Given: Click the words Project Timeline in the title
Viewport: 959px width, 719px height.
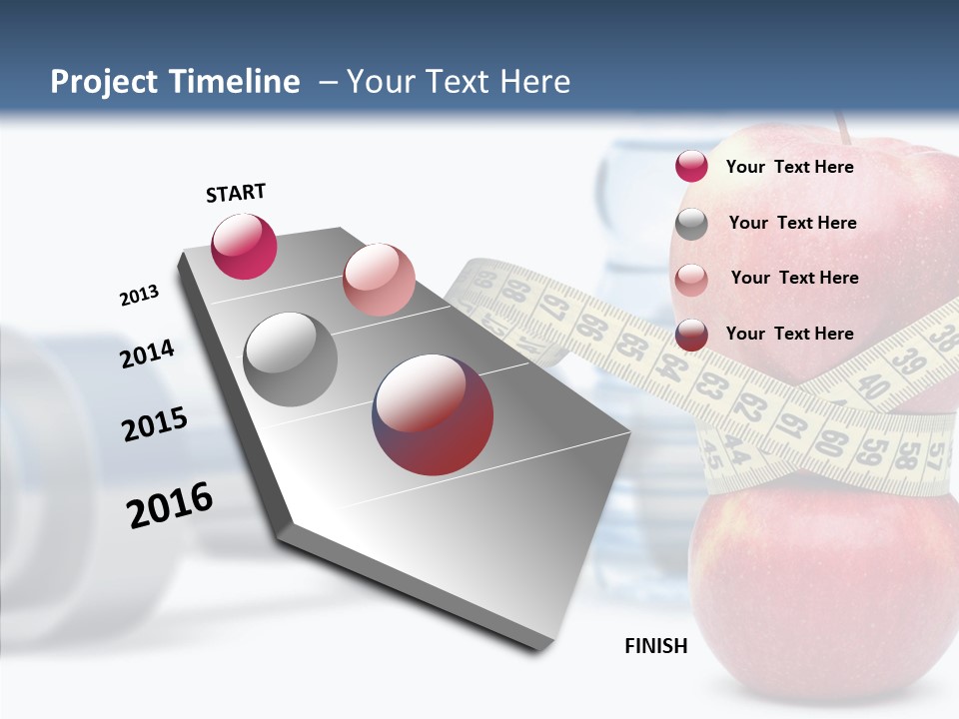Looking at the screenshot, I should (x=175, y=82).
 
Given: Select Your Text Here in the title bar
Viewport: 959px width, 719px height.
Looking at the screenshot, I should (x=459, y=82).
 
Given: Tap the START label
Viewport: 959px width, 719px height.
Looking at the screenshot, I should (x=236, y=193).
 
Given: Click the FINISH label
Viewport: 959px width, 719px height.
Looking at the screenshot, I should (x=656, y=646).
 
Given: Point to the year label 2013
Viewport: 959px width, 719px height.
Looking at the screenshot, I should (x=139, y=296).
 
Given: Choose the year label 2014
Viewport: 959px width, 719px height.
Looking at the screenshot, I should (x=147, y=355).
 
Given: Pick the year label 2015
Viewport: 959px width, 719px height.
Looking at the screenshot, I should (x=155, y=424).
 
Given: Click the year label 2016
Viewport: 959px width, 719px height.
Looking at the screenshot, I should (x=170, y=504).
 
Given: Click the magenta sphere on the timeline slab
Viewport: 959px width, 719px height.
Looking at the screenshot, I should (x=244, y=246).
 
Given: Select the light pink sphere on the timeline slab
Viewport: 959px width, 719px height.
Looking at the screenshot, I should (x=379, y=280).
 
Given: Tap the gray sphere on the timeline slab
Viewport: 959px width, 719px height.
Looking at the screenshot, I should (x=290, y=359).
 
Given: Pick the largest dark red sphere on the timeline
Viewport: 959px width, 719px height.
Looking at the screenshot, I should (x=433, y=414).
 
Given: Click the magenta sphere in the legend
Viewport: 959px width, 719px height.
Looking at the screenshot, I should (x=691, y=167).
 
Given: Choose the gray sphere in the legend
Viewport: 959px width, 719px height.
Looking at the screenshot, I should (x=691, y=224).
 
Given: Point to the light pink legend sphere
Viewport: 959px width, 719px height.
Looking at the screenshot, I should (x=691, y=279).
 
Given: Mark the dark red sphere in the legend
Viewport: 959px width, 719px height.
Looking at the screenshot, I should (x=691, y=335).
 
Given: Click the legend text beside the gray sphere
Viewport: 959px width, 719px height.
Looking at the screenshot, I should (x=792, y=223).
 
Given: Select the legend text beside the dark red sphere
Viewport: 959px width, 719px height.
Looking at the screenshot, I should (x=789, y=334).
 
